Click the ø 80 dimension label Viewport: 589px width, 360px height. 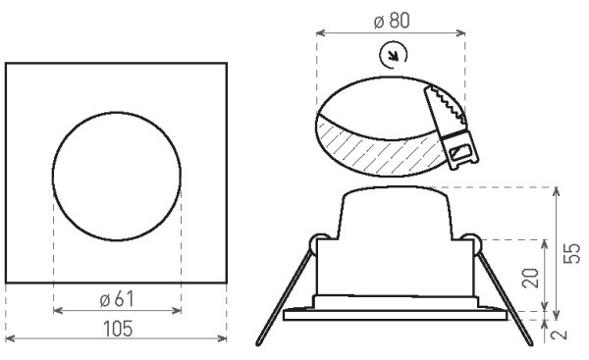click(x=392, y=21)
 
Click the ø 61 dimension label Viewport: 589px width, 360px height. click(x=117, y=299)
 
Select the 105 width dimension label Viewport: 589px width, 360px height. click(x=118, y=329)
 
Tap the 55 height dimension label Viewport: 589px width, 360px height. click(x=572, y=253)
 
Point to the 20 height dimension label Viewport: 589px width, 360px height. click(x=531, y=279)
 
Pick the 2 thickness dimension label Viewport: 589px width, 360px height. click(x=560, y=334)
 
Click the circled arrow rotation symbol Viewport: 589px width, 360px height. click(x=393, y=55)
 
